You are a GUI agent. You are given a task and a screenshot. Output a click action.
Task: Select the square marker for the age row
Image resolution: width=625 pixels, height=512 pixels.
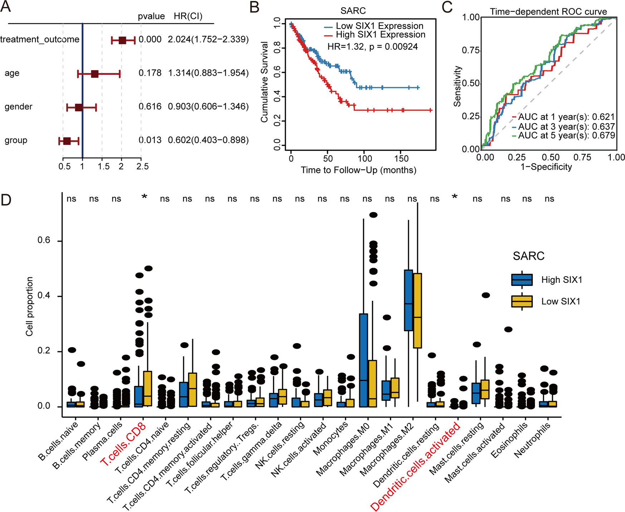95,74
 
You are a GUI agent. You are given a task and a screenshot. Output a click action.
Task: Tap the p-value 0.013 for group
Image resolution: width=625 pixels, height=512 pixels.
150,140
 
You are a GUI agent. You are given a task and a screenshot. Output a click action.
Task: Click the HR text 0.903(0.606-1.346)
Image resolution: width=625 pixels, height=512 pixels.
208,106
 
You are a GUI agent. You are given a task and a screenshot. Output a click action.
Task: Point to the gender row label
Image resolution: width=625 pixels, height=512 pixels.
18,106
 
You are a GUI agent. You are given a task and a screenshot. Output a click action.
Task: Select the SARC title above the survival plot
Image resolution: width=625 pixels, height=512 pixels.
353,11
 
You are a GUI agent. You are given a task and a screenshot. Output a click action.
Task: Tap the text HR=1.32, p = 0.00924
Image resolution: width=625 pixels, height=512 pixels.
372,46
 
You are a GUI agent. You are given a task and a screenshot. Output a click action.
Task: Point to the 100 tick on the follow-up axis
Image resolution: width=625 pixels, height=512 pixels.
364,158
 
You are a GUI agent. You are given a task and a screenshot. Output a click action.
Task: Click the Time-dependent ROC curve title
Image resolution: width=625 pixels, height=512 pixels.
548,11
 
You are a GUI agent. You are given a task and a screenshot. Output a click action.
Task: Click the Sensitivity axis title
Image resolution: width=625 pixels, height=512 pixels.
457,86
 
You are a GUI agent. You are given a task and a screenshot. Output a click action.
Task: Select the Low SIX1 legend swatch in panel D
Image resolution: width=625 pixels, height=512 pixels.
522,301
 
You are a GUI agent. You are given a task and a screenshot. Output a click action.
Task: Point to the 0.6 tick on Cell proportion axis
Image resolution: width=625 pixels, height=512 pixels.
44,240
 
